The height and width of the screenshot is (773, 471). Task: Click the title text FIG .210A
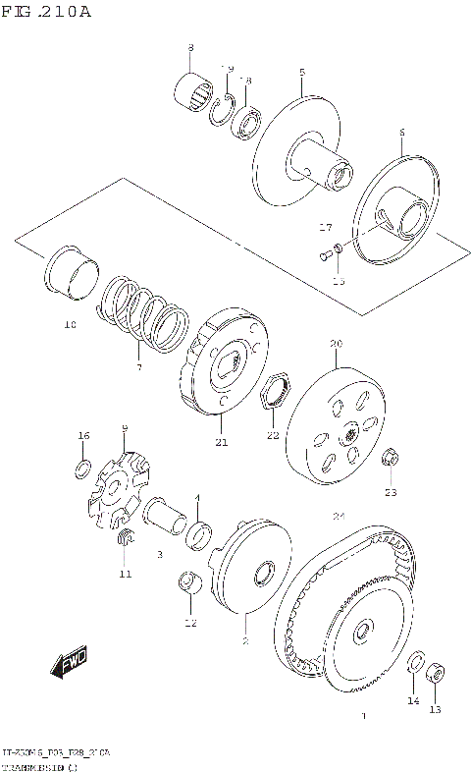coord(46,12)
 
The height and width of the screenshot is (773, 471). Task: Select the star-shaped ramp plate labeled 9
coord(118,486)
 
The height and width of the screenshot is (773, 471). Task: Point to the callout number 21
coord(222,442)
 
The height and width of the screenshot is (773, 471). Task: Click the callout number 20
coord(336,345)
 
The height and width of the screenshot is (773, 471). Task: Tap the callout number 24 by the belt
coord(339,517)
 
